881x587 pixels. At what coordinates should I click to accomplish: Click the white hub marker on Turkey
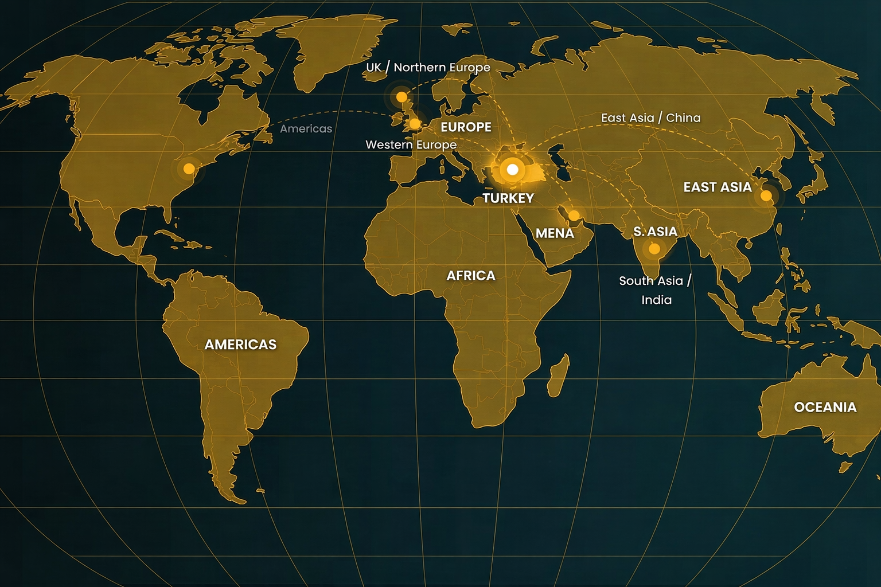(x=513, y=170)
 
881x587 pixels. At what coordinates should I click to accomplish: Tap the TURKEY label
(x=508, y=198)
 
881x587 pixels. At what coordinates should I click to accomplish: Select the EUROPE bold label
(x=466, y=127)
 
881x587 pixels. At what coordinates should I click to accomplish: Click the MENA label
(x=555, y=233)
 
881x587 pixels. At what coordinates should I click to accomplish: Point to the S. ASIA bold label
(x=655, y=232)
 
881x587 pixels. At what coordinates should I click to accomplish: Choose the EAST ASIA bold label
(x=717, y=187)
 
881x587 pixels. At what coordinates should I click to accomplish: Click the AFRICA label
(x=471, y=276)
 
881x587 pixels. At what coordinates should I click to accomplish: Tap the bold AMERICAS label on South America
(x=240, y=345)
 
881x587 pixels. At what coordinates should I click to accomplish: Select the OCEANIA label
(x=825, y=407)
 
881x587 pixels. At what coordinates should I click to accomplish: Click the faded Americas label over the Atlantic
(x=306, y=129)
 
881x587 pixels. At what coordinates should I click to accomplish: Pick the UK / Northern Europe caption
(x=428, y=68)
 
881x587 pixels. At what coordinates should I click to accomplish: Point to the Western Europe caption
(x=411, y=144)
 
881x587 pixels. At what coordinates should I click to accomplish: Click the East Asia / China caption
(x=650, y=118)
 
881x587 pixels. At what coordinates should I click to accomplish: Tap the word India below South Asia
(x=656, y=300)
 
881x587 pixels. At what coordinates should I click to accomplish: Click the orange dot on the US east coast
(x=189, y=169)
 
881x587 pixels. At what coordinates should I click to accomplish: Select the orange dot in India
(x=654, y=249)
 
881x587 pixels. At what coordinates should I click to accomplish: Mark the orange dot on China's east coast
(x=766, y=195)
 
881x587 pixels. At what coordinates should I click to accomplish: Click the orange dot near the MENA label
(x=574, y=216)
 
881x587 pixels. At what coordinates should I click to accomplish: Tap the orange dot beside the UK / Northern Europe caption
(x=401, y=97)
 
